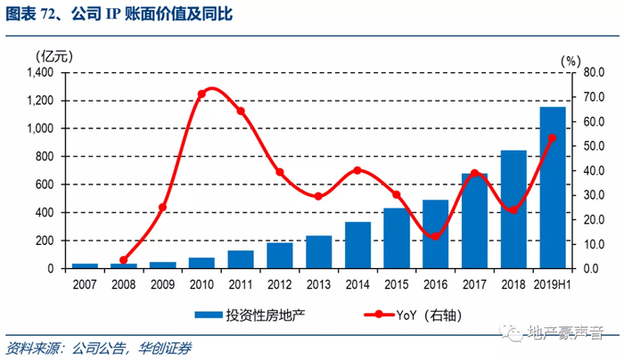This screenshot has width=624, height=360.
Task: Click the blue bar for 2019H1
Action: click(553, 188)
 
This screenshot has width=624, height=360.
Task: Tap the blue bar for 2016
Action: click(435, 233)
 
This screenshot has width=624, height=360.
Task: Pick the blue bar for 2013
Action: click(318, 251)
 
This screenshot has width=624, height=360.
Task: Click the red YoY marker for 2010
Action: click(202, 93)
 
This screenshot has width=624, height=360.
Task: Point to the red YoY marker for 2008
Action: click(124, 260)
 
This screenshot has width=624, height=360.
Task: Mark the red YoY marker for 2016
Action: click(435, 235)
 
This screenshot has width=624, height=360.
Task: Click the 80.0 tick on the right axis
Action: click(594, 72)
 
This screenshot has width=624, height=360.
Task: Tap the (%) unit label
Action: click(571, 59)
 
